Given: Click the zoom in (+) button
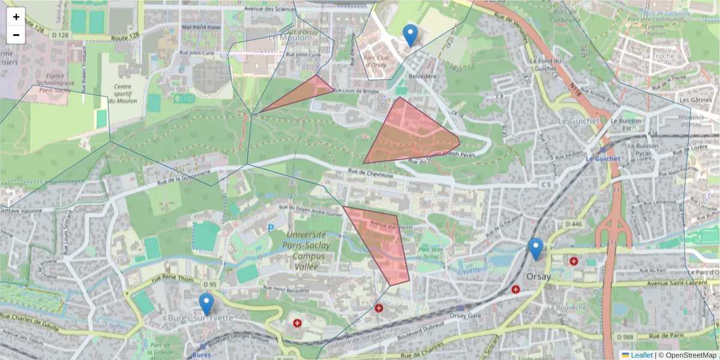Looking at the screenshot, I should point(16,17).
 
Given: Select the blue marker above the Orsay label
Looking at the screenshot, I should point(536,248).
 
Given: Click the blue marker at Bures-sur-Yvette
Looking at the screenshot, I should point(206,304).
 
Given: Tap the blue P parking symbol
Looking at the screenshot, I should point(271,228).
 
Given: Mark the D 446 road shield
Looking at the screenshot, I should point(574,224).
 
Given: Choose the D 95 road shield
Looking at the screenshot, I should point(209,284).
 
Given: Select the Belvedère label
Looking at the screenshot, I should point(422,77).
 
